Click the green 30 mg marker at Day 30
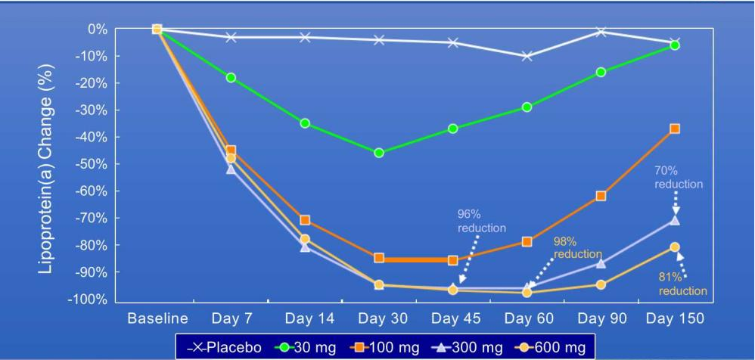click(379, 153)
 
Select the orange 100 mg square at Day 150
click(675, 129)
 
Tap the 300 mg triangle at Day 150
click(675, 219)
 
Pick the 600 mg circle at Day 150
click(675, 247)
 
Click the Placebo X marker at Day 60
click(527, 56)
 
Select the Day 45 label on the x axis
click(453, 318)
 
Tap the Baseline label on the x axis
click(157, 318)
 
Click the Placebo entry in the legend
click(224, 347)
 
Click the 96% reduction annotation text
click(481, 221)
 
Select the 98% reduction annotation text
click(577, 248)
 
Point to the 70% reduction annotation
click(679, 178)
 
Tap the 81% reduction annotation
click(682, 284)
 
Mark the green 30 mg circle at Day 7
click(231, 77)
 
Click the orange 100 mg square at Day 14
click(305, 220)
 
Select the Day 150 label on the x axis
click(675, 318)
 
